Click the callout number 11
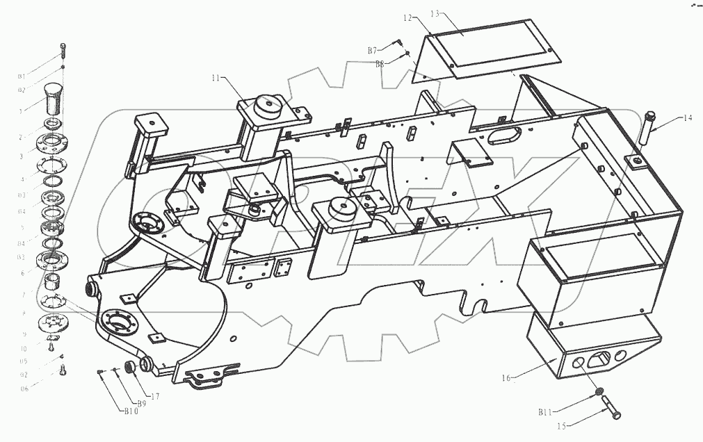[x=218, y=79]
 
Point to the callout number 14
[x=687, y=118]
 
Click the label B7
[x=373, y=51]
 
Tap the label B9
[x=140, y=403]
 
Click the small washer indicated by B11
[x=599, y=394]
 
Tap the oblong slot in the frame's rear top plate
[x=506, y=133]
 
